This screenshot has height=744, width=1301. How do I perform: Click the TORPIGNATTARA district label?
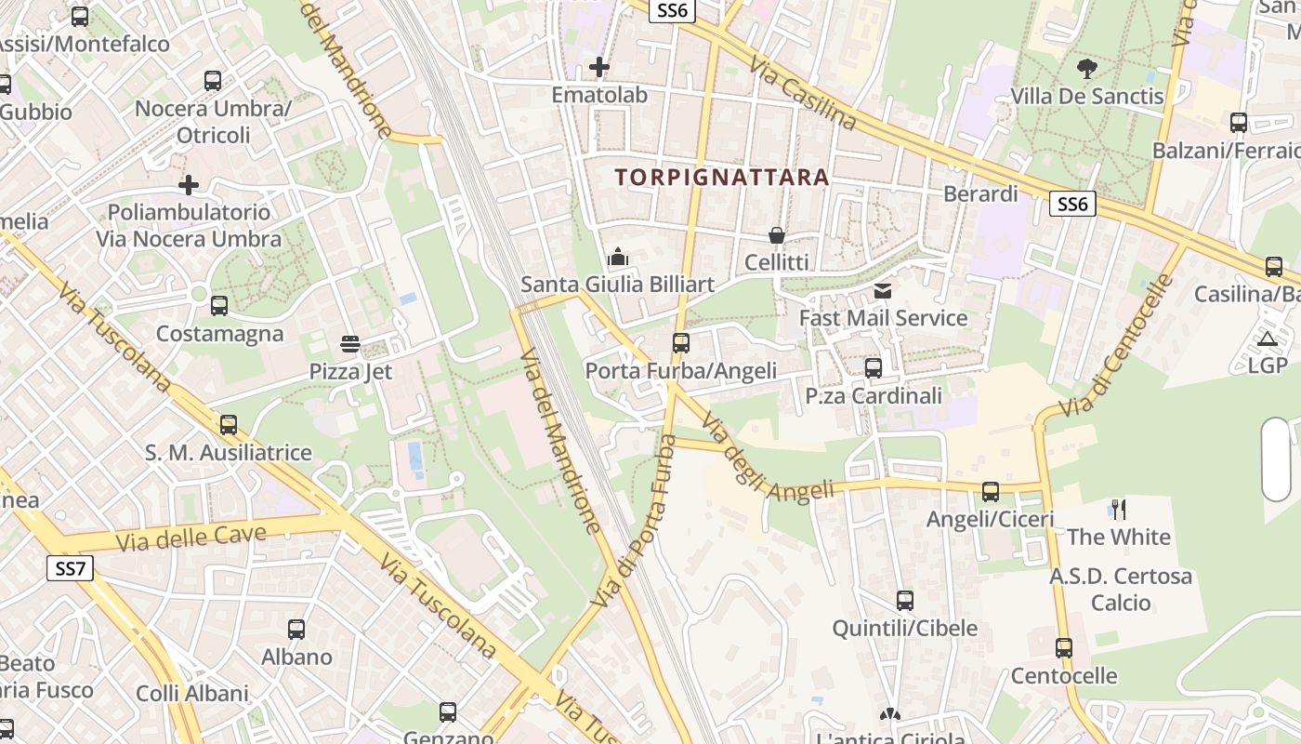click(x=721, y=177)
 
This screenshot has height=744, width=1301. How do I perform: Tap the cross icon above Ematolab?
click(x=599, y=67)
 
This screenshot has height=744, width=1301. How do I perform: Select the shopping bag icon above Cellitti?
click(x=776, y=236)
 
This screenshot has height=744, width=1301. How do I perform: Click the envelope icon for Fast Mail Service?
click(x=882, y=291)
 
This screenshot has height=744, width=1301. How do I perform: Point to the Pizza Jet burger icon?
click(x=350, y=344)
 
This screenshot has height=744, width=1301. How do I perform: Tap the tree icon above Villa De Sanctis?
click(x=1086, y=68)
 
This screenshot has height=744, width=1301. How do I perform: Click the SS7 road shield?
click(x=71, y=567)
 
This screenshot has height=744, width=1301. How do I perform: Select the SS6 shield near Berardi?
click(x=1072, y=204)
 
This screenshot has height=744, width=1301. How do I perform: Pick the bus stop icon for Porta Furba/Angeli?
click(x=681, y=343)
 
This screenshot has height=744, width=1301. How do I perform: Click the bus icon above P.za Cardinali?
click(x=874, y=368)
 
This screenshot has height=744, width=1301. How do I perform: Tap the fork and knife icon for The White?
click(x=1119, y=509)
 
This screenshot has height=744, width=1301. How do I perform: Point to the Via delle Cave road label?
click(x=191, y=538)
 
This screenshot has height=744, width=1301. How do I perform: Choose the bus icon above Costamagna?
click(x=219, y=305)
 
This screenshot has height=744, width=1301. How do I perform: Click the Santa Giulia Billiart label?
click(x=618, y=284)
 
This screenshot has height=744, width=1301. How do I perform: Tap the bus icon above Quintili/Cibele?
click(x=905, y=601)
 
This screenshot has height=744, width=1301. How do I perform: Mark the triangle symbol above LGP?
click(x=1268, y=339)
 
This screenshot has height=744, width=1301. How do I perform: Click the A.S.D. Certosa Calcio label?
click(x=1121, y=590)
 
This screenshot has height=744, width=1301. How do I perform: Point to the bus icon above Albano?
click(x=296, y=630)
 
